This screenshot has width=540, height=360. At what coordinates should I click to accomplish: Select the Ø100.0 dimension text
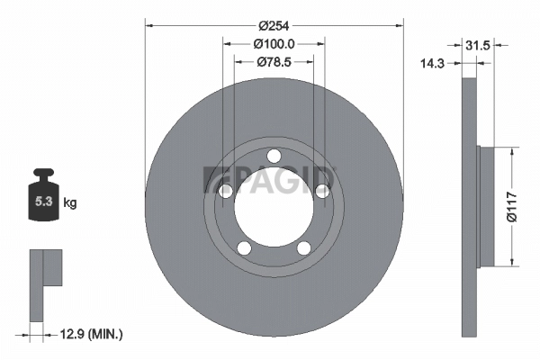274,44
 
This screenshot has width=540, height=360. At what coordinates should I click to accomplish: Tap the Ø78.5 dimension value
274,61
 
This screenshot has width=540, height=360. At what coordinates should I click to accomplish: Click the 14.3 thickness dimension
436,62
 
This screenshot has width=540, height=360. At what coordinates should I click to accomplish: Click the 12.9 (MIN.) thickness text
90,335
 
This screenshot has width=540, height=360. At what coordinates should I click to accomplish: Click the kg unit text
70,203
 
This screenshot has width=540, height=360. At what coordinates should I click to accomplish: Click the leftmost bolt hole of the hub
227,191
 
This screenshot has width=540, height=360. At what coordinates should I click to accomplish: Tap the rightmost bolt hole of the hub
320,189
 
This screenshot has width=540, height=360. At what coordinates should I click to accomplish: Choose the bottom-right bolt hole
303,247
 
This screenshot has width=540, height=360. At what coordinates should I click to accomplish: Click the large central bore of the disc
274,209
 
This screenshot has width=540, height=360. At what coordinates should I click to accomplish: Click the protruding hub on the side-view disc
486,207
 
